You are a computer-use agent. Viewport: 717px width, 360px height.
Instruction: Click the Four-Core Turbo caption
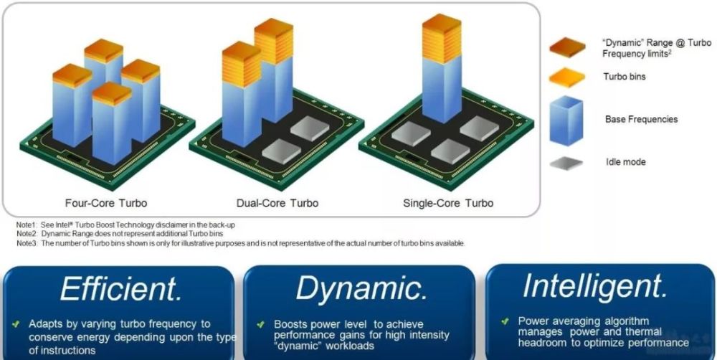pos(106,203)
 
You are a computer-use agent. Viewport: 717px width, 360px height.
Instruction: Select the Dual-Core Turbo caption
pos(277,203)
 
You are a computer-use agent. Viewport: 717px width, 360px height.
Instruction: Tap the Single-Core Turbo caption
pos(448,203)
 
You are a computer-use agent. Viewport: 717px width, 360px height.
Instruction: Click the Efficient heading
pos(121,288)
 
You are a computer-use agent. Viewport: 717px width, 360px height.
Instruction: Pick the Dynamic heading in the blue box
pos(361,288)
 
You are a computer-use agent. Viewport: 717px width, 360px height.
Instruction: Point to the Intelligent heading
pos(595,285)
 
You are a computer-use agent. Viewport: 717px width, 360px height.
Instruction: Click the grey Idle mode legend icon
pos(566,163)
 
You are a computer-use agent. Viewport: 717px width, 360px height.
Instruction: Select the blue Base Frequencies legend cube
pos(566,120)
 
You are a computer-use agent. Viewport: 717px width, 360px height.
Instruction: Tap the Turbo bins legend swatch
pos(567,77)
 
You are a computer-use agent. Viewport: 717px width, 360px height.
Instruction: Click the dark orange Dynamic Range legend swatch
pos(567,47)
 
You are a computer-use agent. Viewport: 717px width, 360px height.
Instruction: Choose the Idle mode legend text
pos(625,161)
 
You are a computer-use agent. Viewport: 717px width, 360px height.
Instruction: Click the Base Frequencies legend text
pos(641,119)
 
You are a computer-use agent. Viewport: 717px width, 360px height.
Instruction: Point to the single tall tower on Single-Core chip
pos(441,68)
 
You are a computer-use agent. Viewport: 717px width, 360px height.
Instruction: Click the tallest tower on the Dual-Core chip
pos(273,70)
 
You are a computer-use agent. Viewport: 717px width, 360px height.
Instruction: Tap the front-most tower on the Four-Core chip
pos(112,123)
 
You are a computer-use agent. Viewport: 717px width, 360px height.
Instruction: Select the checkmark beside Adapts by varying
pos(16,324)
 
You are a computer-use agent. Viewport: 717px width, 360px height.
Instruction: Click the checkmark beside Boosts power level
pos(261,324)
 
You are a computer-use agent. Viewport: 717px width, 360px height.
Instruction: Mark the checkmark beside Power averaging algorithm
pos(505,321)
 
